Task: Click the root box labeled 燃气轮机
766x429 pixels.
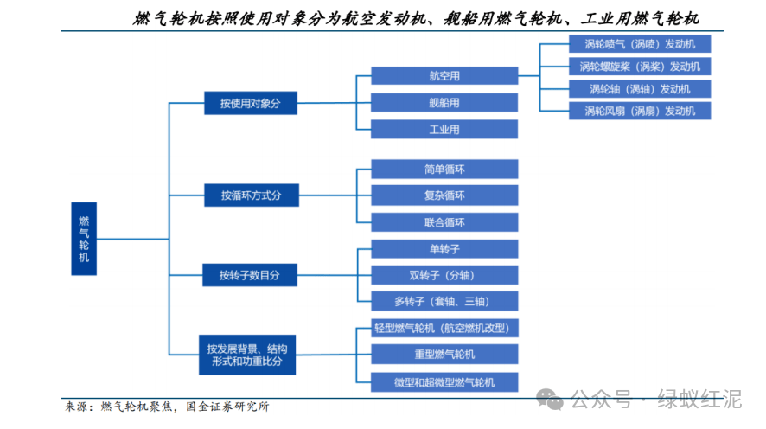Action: point(84,239)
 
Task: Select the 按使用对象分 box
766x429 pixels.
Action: point(251,103)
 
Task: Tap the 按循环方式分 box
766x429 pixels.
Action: point(252,195)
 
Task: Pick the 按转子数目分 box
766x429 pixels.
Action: point(250,275)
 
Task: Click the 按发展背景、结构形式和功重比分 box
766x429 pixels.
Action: point(247,355)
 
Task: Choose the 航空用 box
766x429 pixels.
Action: point(444,76)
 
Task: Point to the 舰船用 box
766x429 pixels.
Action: point(444,103)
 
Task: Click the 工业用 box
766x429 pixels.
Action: point(444,130)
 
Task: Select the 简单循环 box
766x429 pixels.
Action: point(444,169)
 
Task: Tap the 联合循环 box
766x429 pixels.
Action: point(444,222)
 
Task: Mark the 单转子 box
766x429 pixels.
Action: point(444,249)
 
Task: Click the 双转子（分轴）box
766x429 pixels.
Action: point(444,275)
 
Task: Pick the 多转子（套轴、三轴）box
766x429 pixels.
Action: point(444,301)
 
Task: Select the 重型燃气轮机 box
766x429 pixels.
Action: point(444,355)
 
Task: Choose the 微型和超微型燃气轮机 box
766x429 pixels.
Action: point(444,382)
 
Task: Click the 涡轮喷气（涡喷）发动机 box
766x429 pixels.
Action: point(640,44)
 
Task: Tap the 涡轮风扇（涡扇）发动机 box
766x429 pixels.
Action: point(640,111)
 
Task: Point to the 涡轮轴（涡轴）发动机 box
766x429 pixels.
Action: point(640,89)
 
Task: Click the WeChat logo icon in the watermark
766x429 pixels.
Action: point(550,400)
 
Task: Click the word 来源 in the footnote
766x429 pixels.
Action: point(76,407)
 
